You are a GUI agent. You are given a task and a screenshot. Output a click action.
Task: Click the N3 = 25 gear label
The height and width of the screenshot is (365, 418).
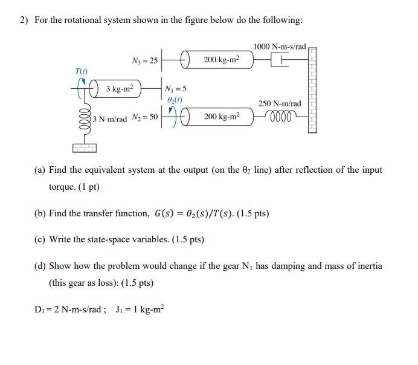144,60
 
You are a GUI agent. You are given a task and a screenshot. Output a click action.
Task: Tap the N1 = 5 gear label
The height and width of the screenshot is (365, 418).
176,88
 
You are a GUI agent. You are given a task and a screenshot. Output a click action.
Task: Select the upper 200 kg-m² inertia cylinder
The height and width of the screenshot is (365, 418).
220,60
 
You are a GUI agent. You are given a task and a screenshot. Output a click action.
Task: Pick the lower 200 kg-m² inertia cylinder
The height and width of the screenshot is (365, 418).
220,115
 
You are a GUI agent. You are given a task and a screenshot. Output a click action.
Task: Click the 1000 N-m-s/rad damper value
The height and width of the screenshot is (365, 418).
280,47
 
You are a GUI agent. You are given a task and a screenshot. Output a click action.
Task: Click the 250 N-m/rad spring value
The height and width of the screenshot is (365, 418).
280,103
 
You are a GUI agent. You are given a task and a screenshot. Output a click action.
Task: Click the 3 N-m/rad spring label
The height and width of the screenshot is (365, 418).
111,119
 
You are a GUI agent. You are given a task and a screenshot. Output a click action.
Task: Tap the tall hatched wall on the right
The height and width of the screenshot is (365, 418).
312,91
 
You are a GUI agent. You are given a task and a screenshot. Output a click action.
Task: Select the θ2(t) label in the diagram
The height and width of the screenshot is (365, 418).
176,99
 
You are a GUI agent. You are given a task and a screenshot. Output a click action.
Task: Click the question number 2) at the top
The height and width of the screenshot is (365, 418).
24,21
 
